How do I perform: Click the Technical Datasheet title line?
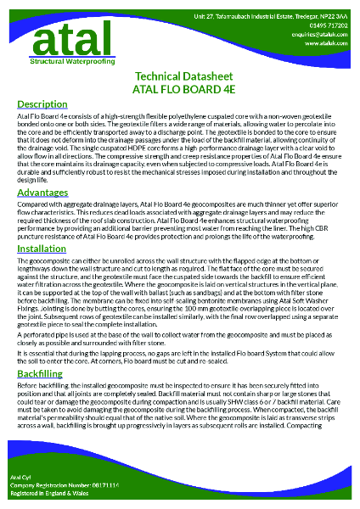click(179, 77)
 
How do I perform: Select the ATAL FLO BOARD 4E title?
click(179, 89)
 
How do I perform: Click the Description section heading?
click(42, 103)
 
